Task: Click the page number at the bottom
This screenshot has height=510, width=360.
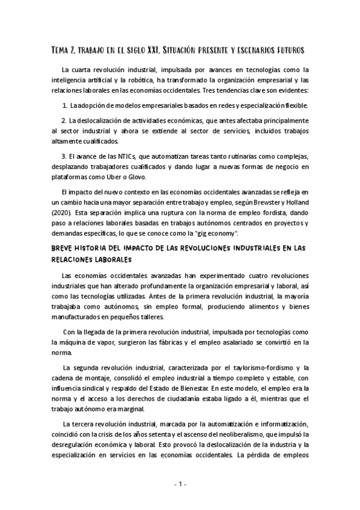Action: click(180, 484)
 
